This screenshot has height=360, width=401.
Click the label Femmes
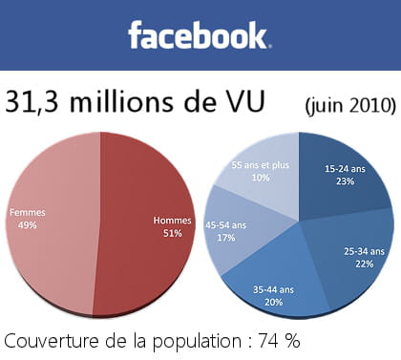[x=27, y=211]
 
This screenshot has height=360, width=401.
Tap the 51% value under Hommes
[x=172, y=233]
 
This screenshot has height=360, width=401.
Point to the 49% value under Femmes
[x=27, y=224]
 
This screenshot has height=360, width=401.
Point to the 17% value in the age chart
[x=225, y=239]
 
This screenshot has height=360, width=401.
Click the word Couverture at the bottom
[x=49, y=340]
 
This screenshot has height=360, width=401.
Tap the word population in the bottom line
[x=191, y=341]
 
